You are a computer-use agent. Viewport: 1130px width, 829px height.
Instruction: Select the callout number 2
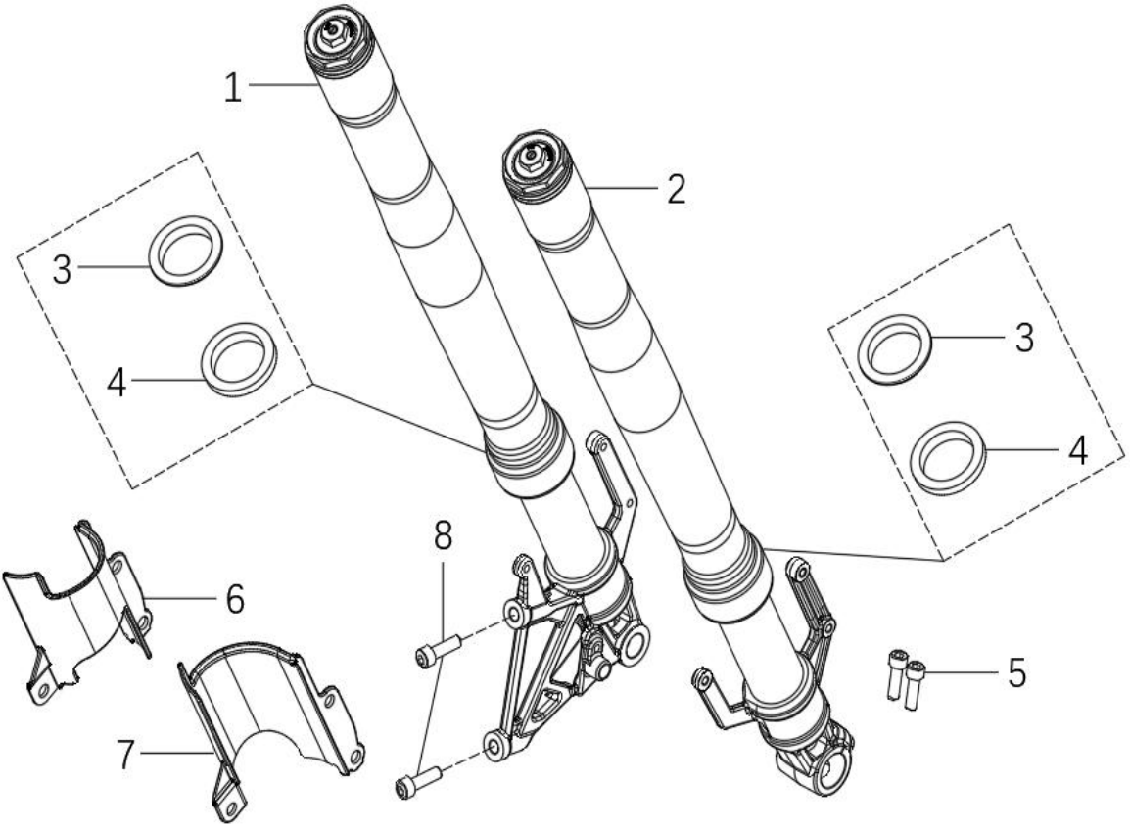(x=676, y=190)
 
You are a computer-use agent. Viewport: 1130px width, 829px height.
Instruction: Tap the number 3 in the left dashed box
(x=63, y=270)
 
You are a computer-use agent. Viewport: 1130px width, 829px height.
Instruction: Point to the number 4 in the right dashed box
(x=1077, y=450)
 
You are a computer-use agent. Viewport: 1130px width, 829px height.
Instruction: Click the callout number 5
(x=1016, y=673)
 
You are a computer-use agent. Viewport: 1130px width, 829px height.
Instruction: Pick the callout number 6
(x=235, y=599)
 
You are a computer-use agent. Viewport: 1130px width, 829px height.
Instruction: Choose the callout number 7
(x=125, y=755)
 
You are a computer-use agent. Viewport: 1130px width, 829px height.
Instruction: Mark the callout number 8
(x=443, y=535)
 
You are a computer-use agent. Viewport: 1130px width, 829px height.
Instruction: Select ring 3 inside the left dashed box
(x=186, y=249)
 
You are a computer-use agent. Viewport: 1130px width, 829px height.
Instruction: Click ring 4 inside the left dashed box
(x=239, y=358)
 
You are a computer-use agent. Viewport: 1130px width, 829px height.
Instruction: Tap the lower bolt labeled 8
(x=418, y=782)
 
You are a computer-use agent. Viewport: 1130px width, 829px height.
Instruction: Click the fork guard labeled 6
(x=77, y=610)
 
